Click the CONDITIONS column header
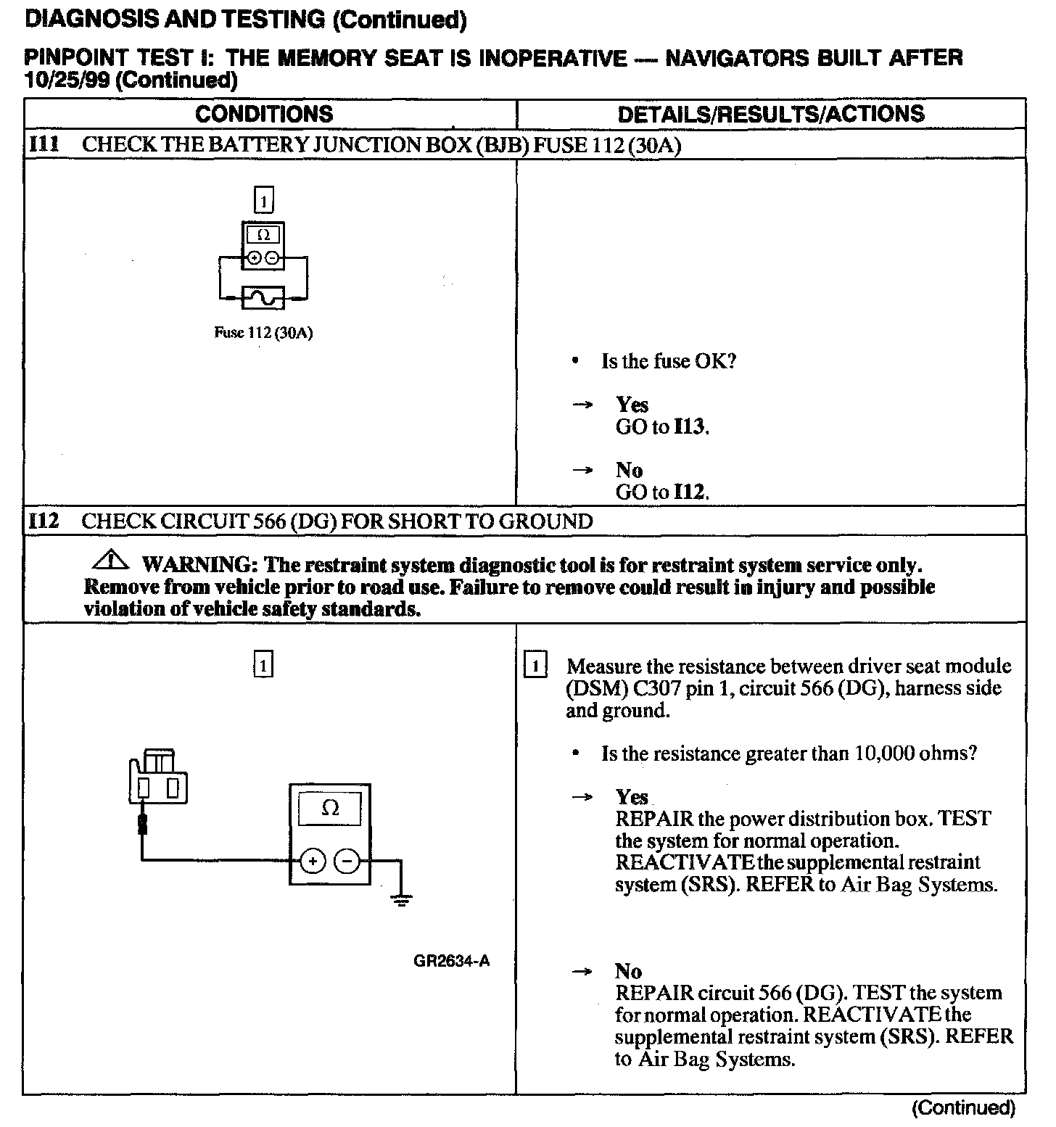point(264,114)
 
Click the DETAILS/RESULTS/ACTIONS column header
point(771,114)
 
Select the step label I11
point(43,144)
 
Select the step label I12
point(44,521)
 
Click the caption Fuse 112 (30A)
point(263,334)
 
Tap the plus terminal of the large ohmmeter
point(313,862)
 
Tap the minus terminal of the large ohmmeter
point(347,862)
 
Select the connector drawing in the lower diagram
point(158,777)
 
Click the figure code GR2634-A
point(452,961)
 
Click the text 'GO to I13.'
point(662,426)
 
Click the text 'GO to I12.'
point(662,492)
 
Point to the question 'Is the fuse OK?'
point(668,361)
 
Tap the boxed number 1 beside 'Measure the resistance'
point(535,666)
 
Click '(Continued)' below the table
point(963,1107)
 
